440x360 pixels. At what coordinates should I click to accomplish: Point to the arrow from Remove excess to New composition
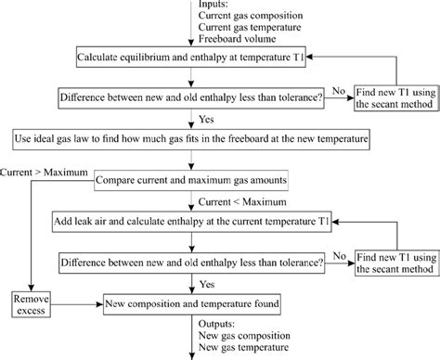pyautogui.click(x=78, y=301)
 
